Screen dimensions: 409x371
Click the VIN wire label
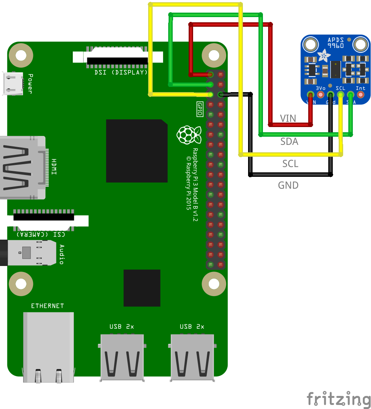tap(288, 119)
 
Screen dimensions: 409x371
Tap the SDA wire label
tap(289, 142)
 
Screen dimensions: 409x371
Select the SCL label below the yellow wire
tap(290, 163)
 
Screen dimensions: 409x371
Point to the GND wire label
tap(288, 185)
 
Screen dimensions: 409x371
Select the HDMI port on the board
tap(22, 168)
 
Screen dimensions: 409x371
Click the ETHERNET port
tap(48, 345)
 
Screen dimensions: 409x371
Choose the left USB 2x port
tap(122, 357)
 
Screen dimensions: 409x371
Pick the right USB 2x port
tap(192, 357)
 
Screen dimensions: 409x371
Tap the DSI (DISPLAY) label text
tap(121, 72)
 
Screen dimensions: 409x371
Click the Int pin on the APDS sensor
tap(360, 95)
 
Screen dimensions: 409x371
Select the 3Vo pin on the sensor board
tap(320, 95)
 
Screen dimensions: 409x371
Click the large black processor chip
tap(137, 151)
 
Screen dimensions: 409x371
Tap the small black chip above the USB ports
tap(142, 288)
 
